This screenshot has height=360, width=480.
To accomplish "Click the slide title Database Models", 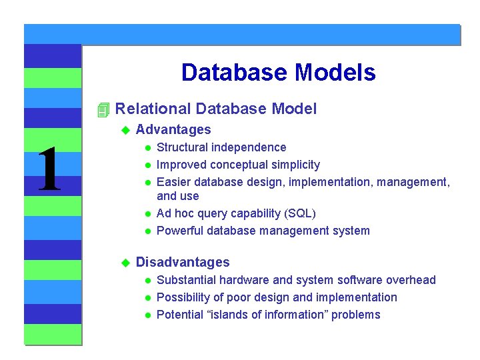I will [278, 72].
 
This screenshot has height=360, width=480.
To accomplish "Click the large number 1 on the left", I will [49, 170].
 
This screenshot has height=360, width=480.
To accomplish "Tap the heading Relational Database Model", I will [216, 109].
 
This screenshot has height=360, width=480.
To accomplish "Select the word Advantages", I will [173, 130].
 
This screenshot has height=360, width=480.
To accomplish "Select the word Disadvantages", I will [182, 263].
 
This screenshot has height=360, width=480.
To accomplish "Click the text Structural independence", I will [221, 147].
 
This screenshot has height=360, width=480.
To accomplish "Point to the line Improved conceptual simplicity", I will [237, 165].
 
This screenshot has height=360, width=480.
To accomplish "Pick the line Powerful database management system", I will [263, 231].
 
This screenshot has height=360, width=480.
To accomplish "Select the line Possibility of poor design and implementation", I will [276, 297].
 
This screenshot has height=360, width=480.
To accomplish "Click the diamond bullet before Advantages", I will [123, 130].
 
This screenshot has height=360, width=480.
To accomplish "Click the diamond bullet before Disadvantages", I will [123, 263].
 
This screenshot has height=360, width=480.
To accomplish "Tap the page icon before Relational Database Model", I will [102, 109].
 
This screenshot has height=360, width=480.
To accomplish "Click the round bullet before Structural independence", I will [149, 148].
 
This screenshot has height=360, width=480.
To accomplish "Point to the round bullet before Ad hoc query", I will [149, 214].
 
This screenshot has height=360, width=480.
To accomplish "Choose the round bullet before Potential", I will [149, 315].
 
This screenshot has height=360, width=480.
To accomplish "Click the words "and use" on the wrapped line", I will [177, 196].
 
